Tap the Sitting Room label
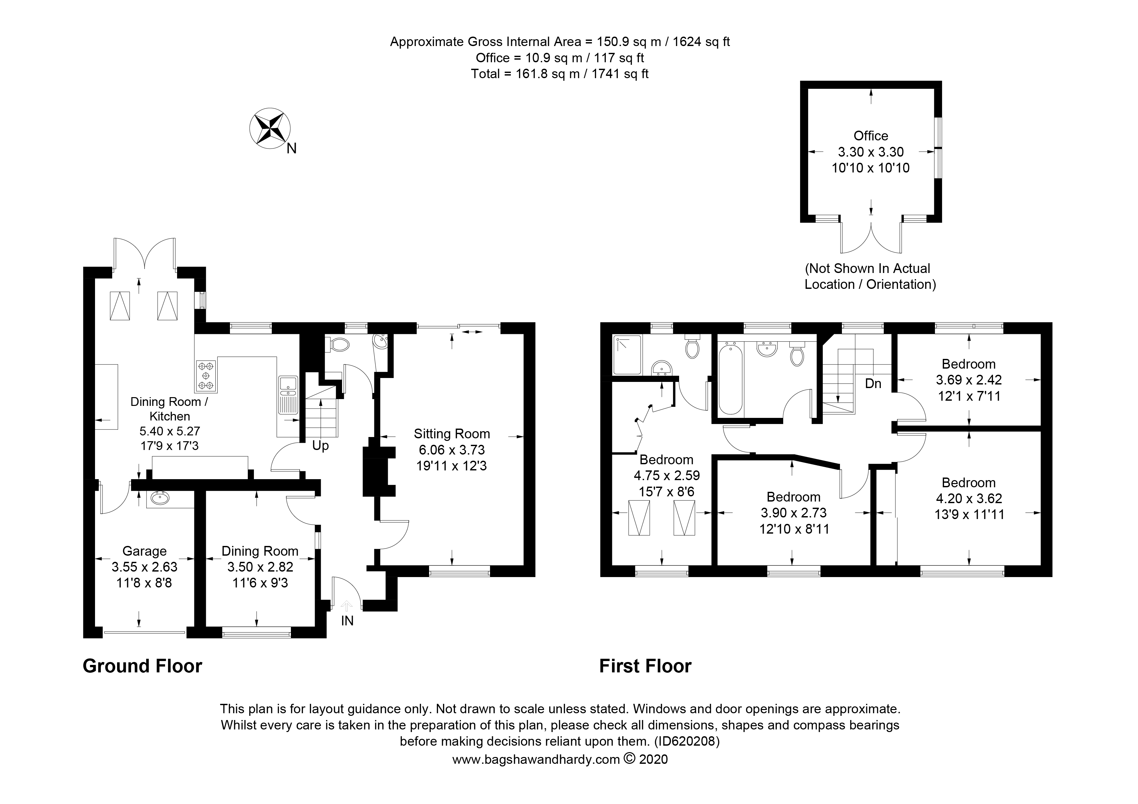tap(451, 434)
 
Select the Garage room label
tap(144, 551)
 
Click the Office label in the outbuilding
tap(870, 136)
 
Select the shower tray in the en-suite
tap(627, 355)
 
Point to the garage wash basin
tap(160, 498)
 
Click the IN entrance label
tap(347, 620)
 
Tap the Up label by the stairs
tap(320, 446)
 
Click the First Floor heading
tap(645, 666)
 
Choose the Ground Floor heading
tap(142, 666)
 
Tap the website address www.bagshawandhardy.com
tap(536, 759)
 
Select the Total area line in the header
tap(559, 74)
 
